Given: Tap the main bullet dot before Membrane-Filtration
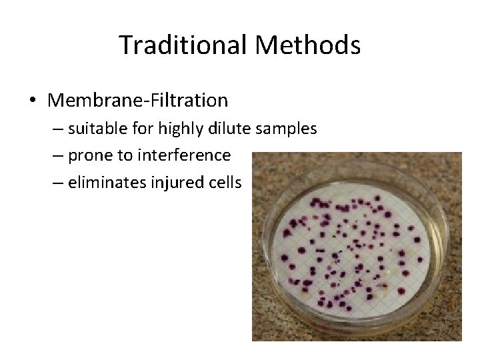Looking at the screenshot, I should click(x=33, y=101).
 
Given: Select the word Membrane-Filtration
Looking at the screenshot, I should click(x=138, y=101).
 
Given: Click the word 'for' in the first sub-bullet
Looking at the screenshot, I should click(x=143, y=129).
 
